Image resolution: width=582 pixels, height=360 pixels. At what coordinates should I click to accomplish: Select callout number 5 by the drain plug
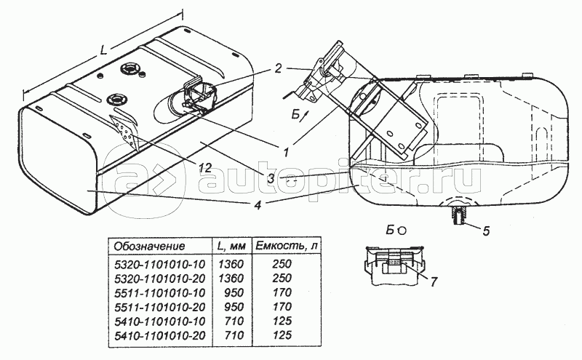click(486, 231)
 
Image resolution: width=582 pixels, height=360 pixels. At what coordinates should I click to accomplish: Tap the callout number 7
click(433, 281)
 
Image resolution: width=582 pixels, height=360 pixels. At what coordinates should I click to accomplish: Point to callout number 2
click(279, 68)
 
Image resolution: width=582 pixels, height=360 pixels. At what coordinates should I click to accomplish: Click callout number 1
click(286, 152)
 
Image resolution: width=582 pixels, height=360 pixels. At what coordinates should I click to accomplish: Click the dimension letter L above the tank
click(103, 50)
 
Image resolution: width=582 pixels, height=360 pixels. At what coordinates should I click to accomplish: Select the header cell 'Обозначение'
click(149, 246)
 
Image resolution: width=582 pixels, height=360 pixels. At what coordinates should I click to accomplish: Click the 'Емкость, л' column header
click(286, 246)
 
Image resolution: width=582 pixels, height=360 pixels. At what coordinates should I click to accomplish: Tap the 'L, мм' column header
click(231, 246)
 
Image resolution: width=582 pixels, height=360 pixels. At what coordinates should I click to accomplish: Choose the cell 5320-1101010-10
click(159, 264)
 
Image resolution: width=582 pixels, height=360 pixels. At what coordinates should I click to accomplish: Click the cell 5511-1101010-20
click(159, 307)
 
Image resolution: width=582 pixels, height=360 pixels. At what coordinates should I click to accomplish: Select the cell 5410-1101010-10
click(159, 321)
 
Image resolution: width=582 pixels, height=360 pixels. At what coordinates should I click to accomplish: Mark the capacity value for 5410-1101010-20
click(282, 335)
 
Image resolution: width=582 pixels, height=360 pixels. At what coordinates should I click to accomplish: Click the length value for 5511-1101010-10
click(234, 292)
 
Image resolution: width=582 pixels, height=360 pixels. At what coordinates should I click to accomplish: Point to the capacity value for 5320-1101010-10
click(282, 264)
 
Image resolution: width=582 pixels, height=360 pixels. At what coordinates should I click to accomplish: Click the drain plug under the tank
click(459, 216)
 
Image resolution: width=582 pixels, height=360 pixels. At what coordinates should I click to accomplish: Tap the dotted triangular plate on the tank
click(124, 130)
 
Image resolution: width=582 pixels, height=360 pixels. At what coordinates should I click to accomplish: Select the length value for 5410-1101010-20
click(234, 335)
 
